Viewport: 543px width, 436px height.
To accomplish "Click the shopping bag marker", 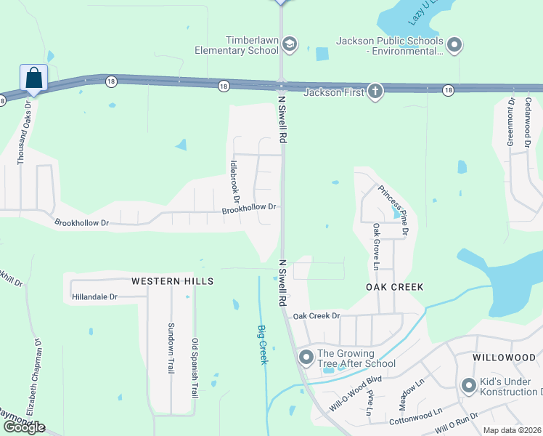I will pyautogui.click(x=33, y=78).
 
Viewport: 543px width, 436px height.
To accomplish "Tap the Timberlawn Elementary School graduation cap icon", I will pyautogui.click(x=289, y=44).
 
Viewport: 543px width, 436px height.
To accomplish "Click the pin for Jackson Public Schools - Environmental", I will pyautogui.click(x=454, y=45).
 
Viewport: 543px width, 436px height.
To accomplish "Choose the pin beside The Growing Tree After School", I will pyautogui.click(x=306, y=357).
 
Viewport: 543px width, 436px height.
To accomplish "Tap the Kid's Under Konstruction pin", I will pyautogui.click(x=469, y=385).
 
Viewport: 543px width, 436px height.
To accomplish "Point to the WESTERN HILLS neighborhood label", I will pyautogui.click(x=172, y=280).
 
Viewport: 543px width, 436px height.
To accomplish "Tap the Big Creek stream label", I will pyautogui.click(x=264, y=344).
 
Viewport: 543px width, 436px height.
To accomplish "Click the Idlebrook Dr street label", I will pyautogui.click(x=234, y=181).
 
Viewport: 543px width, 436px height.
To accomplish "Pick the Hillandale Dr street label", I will pyautogui.click(x=94, y=297).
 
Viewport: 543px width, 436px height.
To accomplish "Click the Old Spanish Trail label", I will pyautogui.click(x=195, y=368).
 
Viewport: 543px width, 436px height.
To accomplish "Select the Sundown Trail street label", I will pyautogui.click(x=171, y=348).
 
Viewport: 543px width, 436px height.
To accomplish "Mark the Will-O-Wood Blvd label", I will pyautogui.click(x=355, y=394).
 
